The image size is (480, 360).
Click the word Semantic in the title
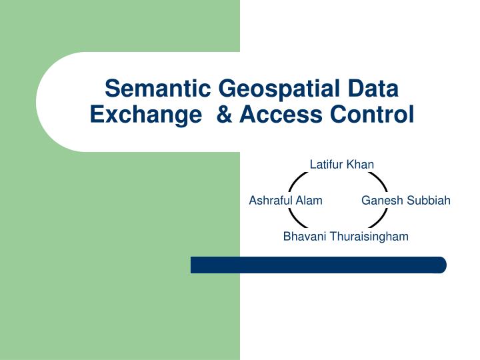(157, 88)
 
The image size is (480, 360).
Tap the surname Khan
(361, 165)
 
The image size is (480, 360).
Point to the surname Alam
(310, 201)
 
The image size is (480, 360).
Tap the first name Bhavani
(303, 237)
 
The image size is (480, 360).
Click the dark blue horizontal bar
(318, 265)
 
